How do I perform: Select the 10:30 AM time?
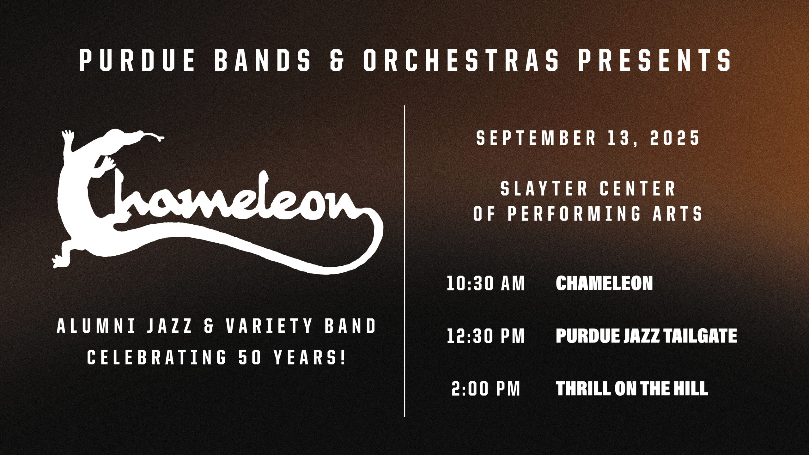pyautogui.click(x=486, y=283)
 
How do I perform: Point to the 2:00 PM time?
pyautogui.click(x=486, y=389)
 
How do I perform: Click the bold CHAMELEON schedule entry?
pyautogui.click(x=605, y=283)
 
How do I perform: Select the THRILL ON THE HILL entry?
pyautogui.click(x=632, y=389)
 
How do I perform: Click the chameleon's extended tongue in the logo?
pyautogui.click(x=152, y=137)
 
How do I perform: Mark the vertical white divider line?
pyautogui.click(x=404, y=261)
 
